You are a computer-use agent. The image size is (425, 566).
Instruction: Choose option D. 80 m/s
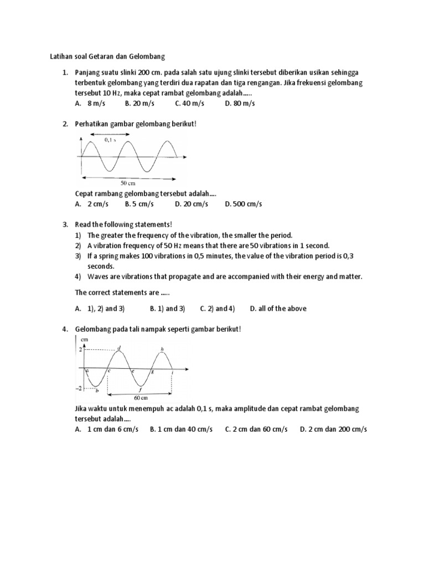(x=240, y=103)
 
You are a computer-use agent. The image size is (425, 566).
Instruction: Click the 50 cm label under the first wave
(x=128, y=182)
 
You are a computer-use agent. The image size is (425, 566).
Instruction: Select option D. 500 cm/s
(x=243, y=204)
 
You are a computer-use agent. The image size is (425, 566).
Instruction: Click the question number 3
(x=65, y=224)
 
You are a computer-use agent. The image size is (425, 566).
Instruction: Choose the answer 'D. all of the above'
(x=278, y=308)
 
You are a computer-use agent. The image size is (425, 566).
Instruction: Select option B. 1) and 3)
(x=167, y=308)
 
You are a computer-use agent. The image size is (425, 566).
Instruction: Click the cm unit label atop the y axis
(x=85, y=339)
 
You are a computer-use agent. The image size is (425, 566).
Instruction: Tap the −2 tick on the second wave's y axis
(x=79, y=389)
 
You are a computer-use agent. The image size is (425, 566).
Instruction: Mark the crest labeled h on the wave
(x=162, y=349)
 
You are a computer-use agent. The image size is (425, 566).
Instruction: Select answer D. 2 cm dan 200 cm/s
(x=334, y=429)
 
